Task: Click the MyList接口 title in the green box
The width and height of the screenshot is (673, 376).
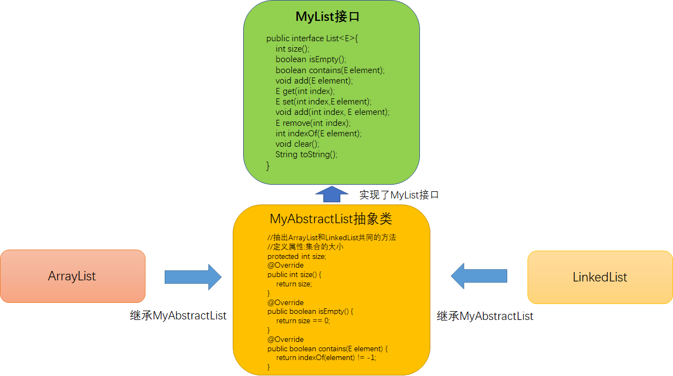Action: tap(327, 16)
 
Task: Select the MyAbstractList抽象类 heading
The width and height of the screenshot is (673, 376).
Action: tap(331, 219)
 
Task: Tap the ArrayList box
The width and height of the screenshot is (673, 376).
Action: tap(72, 276)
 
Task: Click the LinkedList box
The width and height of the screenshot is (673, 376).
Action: tap(599, 277)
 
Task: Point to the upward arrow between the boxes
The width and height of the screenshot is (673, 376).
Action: tap(332, 194)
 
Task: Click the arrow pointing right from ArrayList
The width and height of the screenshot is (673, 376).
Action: tap(193, 277)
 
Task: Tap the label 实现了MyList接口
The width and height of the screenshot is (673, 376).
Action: tap(399, 195)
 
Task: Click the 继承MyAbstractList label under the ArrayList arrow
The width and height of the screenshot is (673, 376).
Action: tap(178, 316)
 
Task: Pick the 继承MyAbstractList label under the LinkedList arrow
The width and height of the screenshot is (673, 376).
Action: tap(485, 316)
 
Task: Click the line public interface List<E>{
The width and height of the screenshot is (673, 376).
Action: tap(312, 38)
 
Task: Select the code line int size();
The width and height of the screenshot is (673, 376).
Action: tap(293, 49)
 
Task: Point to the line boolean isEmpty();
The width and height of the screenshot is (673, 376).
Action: tap(311, 59)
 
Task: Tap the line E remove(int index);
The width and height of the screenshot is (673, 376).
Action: tap(313, 123)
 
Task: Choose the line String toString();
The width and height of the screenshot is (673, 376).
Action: tap(306, 154)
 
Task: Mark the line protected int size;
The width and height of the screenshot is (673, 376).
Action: tap(296, 256)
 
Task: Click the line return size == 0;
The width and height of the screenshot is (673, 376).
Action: tap(303, 320)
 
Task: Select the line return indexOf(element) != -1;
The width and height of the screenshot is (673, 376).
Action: tap(326, 357)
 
